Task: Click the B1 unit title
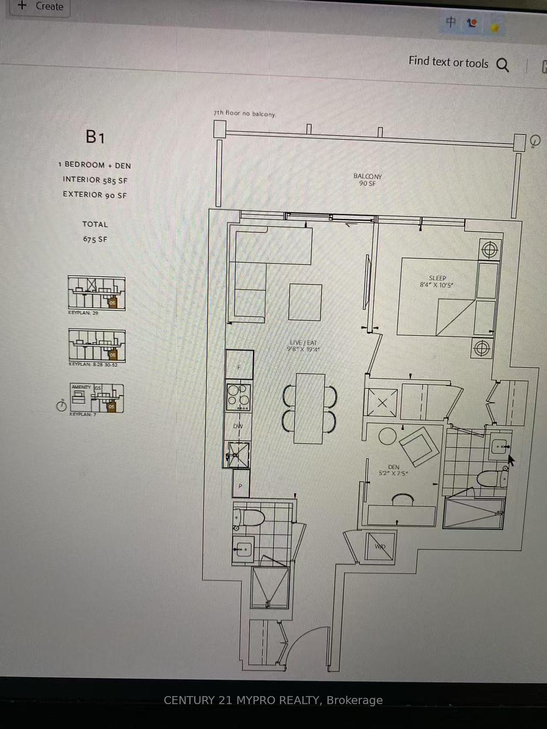[x=95, y=137]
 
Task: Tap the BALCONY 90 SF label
[x=367, y=180]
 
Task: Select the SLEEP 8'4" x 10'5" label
[x=437, y=281]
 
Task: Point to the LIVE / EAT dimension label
[x=303, y=346]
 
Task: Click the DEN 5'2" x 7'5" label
[x=393, y=470]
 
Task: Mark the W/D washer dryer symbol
[x=380, y=546]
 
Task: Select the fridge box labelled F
[x=239, y=364]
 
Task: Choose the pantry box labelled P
[x=241, y=485]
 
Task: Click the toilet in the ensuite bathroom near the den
[x=491, y=478]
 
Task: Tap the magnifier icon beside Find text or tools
[x=502, y=65]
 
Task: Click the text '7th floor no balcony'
[x=244, y=113]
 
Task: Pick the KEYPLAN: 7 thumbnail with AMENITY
[x=97, y=398]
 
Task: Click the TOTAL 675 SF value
[x=95, y=239]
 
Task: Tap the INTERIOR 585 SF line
[x=95, y=180]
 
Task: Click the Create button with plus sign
[x=40, y=7]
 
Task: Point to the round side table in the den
[x=387, y=436]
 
